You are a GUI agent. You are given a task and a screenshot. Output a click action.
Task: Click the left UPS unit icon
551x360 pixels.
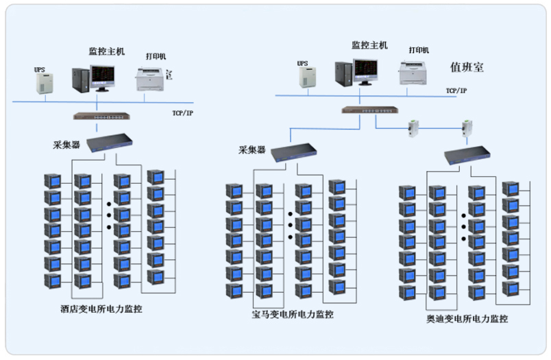tap(43, 83)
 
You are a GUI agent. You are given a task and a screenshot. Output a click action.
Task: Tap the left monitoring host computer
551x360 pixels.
tap(93, 77)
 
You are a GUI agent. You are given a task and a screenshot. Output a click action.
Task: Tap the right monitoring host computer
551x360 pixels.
tap(356, 71)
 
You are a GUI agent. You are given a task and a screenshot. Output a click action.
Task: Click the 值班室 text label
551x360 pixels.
tap(467, 67)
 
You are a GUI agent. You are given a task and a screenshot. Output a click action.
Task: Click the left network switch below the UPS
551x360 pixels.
tap(96, 117)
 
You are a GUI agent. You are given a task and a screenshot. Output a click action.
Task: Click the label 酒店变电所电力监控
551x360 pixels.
tap(106, 309)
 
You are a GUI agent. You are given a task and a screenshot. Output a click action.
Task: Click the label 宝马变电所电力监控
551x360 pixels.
tap(293, 315)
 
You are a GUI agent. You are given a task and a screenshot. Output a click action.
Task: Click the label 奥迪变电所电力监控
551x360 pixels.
tap(467, 319)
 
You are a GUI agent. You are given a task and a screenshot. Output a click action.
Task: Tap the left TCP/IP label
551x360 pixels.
tap(183, 113)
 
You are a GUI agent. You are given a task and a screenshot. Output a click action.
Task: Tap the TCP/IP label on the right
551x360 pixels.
tap(456, 91)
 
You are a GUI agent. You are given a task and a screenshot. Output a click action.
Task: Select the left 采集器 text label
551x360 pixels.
tap(66, 145)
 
